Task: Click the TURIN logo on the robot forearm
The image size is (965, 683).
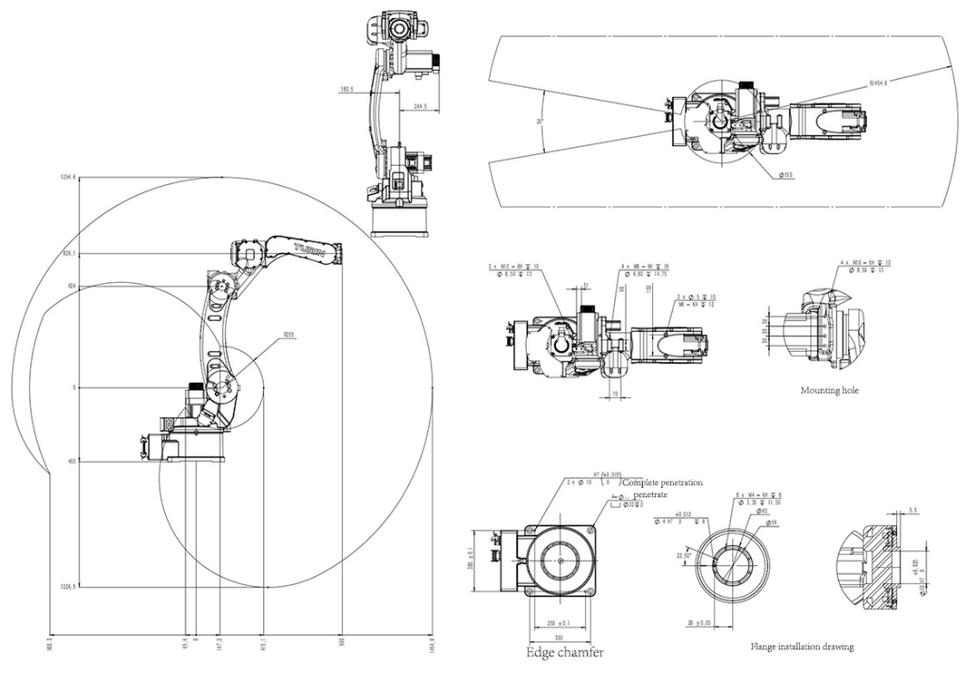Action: coord(310,249)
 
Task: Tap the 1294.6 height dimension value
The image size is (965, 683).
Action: coord(67,177)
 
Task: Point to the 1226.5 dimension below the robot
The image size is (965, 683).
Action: coord(67,586)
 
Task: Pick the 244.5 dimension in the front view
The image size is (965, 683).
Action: coord(419,107)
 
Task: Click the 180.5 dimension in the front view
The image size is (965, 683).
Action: coord(347,92)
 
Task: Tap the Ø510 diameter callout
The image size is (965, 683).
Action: coord(786,175)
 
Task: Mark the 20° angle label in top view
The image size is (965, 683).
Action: coord(540,122)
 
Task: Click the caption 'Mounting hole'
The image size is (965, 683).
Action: coord(829,390)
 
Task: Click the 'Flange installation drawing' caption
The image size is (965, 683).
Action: coord(802,647)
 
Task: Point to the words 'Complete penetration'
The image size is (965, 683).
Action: coord(662,483)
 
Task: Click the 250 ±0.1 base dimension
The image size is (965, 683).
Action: coord(559,623)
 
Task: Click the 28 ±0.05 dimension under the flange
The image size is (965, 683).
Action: coord(699,624)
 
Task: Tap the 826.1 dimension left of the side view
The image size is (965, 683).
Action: coord(68,254)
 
